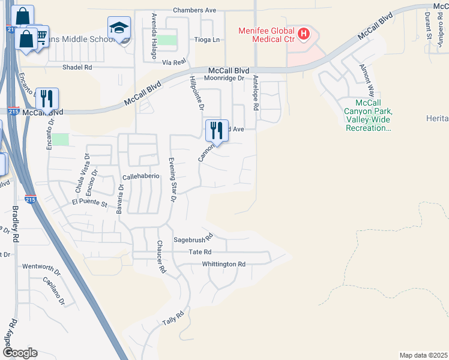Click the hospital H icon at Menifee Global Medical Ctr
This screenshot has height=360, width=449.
[x=304, y=34]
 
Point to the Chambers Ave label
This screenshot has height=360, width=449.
[x=194, y=10]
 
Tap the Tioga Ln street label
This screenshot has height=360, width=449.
[x=207, y=40]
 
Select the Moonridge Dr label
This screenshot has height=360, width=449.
[x=224, y=79]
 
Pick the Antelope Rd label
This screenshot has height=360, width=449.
[x=255, y=93]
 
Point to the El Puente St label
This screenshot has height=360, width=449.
[x=89, y=204]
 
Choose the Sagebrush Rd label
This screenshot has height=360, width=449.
[x=193, y=238]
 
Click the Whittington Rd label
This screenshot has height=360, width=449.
[x=224, y=264]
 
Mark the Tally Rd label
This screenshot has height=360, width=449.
[x=172, y=319]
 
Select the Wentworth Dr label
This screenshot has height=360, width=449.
[x=41, y=266]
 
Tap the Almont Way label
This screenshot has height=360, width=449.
[x=367, y=81]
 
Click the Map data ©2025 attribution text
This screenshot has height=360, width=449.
[x=423, y=355]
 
